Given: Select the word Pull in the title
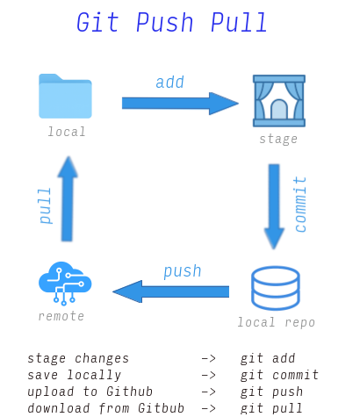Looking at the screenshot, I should [238, 23].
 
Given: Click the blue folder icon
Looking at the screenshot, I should [66, 96].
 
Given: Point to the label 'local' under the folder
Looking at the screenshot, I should [67, 132].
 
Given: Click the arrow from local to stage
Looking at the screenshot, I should [179, 104].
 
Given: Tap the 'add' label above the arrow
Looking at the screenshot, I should [169, 82].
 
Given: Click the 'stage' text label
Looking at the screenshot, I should [277, 139].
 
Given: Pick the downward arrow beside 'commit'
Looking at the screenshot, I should [274, 205].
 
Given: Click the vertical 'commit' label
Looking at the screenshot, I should [301, 205].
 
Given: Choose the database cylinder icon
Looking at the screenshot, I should [276, 288].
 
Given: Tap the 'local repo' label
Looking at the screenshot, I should [276, 322].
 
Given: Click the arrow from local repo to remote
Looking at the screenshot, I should [171, 291].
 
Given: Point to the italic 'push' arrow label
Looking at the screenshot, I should [182, 270].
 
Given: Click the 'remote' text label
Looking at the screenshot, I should [61, 316].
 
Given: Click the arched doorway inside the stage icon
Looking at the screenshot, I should [278, 109].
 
